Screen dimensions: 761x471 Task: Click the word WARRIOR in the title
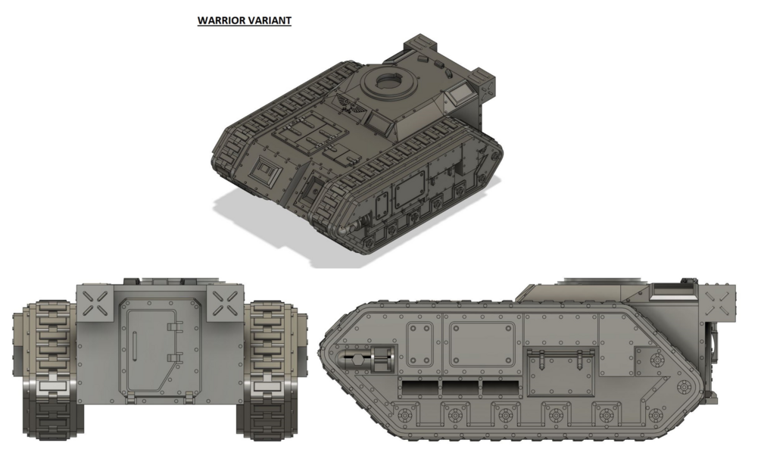221,20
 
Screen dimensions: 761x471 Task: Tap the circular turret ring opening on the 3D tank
388,83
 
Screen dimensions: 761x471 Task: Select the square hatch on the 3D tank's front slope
265,171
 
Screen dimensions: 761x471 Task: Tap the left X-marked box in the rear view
95,303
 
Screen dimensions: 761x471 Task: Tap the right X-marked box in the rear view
226,303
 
